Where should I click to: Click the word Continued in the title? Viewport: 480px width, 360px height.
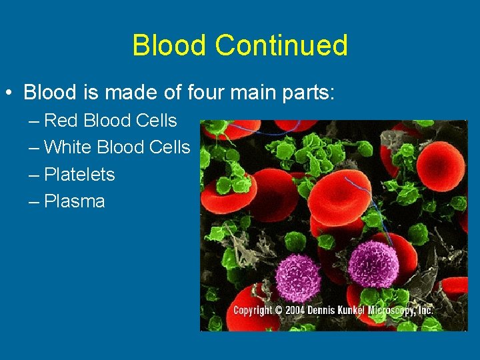click(281, 45)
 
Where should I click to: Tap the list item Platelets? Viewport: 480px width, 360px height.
click(79, 175)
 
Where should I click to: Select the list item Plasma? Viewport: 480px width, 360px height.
click(74, 201)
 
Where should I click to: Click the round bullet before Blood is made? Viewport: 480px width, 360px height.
click(9, 92)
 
